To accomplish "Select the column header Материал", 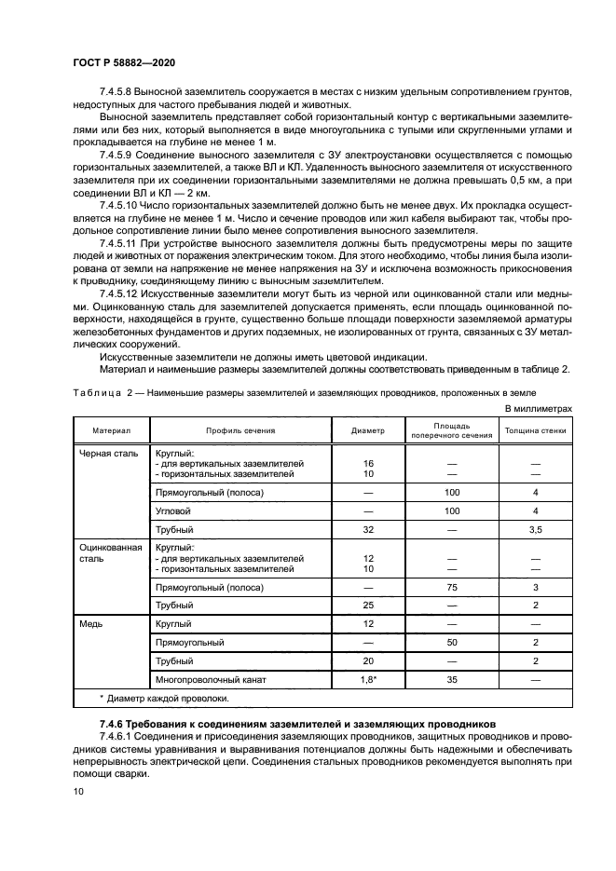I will pos(111,431).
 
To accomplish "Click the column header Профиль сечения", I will pos(240,431).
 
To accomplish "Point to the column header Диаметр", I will pos(367,431).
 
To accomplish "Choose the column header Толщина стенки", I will pos(535,431).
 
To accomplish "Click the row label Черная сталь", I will pos(110,454).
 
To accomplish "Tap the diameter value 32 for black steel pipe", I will pos(367,529).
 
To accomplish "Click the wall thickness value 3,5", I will pos(535,529).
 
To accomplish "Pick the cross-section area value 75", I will pos(453,587).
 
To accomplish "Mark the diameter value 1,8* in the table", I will pos(368,680).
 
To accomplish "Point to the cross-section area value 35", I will pos(453,680).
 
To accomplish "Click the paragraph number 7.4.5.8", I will pos(117,91).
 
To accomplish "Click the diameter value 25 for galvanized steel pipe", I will pos(367,606).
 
